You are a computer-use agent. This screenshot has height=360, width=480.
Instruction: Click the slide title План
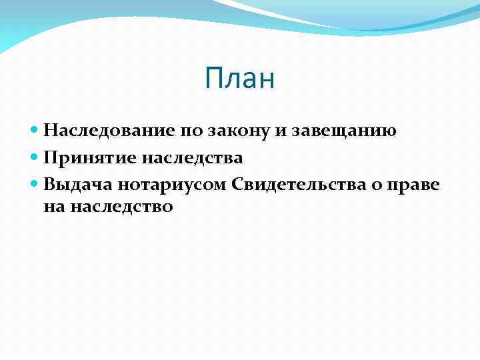(240, 79)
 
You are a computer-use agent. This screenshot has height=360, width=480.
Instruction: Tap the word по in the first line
(189, 131)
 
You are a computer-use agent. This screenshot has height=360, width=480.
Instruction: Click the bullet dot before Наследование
(35, 131)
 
